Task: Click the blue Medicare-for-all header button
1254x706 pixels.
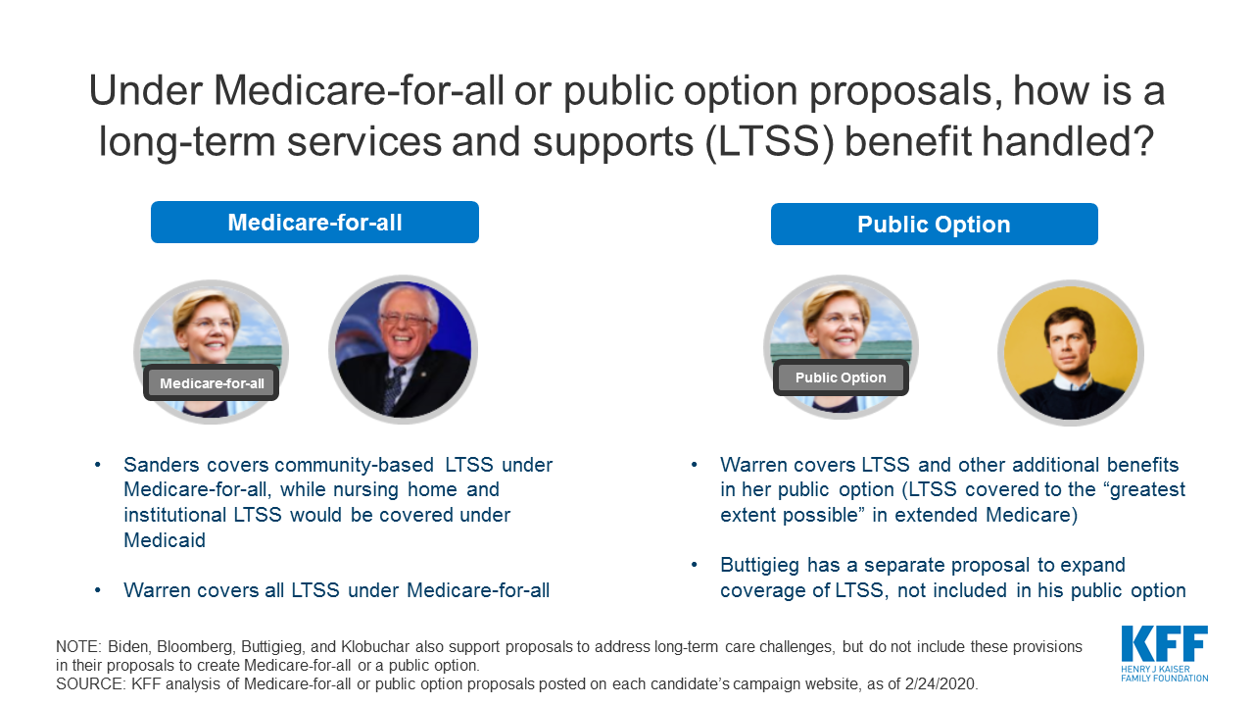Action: click(x=314, y=223)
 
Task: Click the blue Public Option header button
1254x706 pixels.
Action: click(x=935, y=225)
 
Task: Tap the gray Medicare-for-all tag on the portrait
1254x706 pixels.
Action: click(x=212, y=383)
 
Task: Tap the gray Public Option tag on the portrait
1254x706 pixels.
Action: click(x=841, y=378)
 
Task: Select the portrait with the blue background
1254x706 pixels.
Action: click(x=403, y=350)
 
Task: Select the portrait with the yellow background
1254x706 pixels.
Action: click(x=1071, y=353)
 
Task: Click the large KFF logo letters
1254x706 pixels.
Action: click(x=1165, y=644)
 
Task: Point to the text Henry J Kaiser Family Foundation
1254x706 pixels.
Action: click(x=1165, y=674)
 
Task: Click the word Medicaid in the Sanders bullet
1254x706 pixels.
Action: click(x=165, y=540)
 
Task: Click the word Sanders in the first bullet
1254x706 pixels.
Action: click(x=162, y=465)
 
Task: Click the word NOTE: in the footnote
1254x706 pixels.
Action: click(x=77, y=646)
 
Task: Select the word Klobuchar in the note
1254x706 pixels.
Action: click(x=375, y=646)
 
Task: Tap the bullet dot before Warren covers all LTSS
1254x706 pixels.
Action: click(x=98, y=590)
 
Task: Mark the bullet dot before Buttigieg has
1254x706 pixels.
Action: click(x=695, y=565)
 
